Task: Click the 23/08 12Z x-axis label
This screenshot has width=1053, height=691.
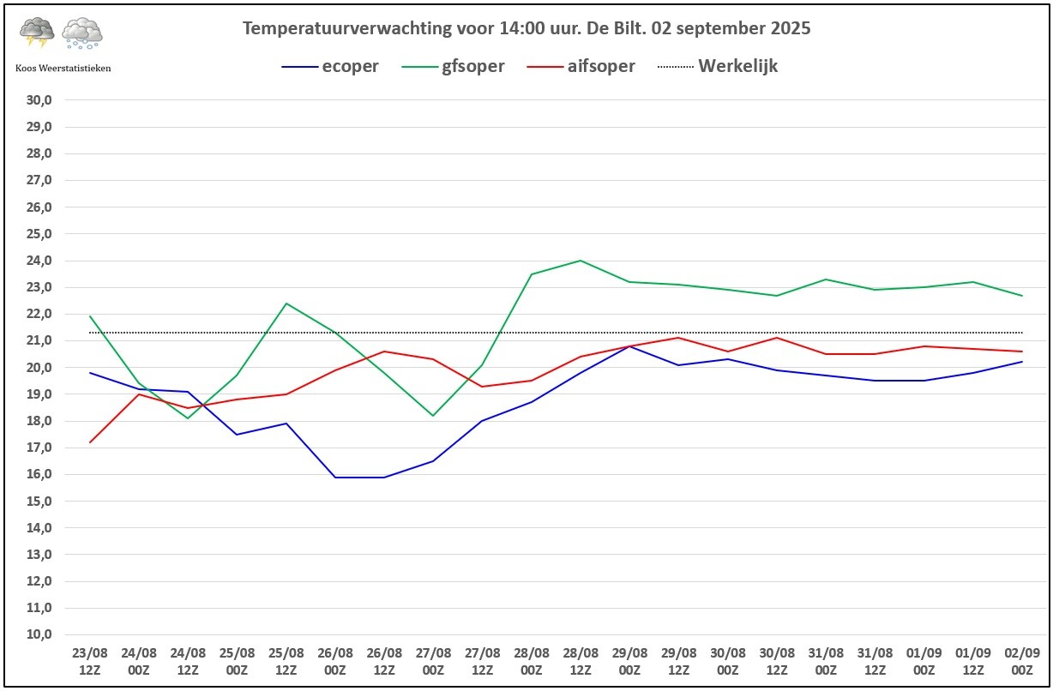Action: point(90,661)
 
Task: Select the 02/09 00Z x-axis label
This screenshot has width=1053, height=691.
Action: point(1022,661)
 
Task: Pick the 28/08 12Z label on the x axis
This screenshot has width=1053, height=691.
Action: point(581,661)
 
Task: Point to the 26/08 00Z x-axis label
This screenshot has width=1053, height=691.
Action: point(335,661)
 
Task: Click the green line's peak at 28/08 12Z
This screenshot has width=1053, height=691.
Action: point(581,261)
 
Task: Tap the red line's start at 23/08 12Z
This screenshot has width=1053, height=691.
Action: point(90,442)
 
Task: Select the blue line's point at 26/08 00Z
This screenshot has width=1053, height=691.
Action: point(335,477)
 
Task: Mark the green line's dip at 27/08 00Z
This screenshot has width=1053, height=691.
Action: point(433,416)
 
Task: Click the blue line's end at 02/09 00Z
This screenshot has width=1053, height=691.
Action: point(1022,362)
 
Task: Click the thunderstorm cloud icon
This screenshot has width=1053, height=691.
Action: point(37,33)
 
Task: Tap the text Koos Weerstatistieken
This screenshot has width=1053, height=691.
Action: point(63,69)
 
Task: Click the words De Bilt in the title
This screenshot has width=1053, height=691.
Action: point(614,28)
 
